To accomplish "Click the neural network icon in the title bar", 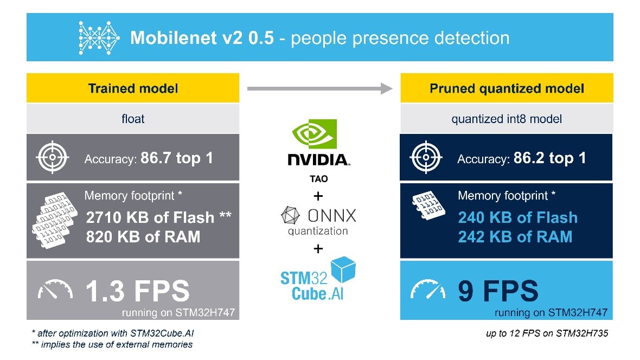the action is (99, 38).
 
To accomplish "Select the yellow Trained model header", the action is (133, 88).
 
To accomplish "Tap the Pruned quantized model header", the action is (507, 88).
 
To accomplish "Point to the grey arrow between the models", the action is (319, 88).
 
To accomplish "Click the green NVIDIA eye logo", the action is (315, 134).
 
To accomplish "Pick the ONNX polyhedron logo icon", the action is (291, 215).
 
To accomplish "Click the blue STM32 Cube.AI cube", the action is (343, 269).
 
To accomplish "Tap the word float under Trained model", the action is (133, 119).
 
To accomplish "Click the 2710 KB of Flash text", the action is (150, 217).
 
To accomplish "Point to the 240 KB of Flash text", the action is (517, 217).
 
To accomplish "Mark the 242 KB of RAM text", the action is (515, 237).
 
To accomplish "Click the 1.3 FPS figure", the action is (138, 291).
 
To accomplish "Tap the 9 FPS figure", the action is (498, 291).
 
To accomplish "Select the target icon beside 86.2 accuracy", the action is (426, 157).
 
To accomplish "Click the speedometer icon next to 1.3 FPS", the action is (55, 289).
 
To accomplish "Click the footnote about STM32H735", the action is (547, 333).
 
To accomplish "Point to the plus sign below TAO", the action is (318, 196).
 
